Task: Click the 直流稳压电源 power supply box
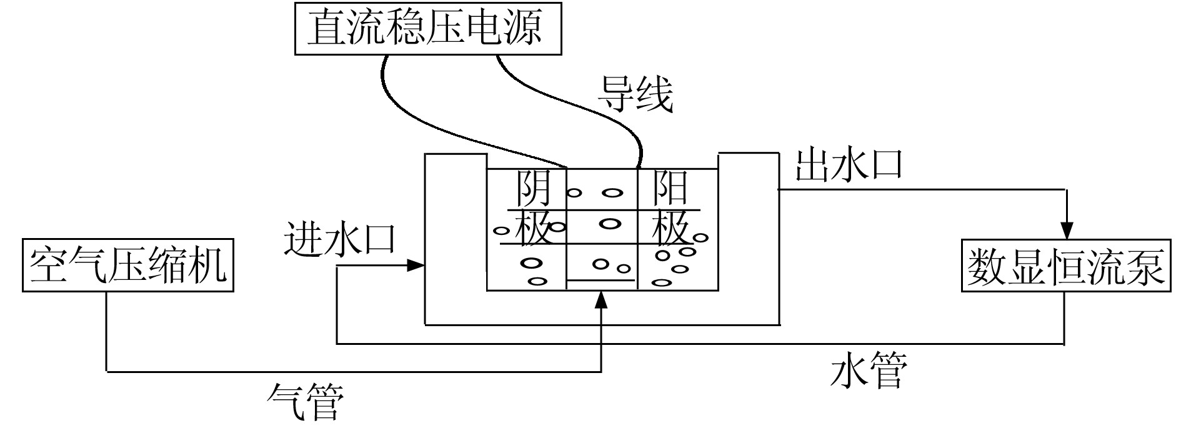point(428,28)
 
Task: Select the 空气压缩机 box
point(127,265)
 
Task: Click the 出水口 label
point(849,164)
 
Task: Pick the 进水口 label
point(341,238)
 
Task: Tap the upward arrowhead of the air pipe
point(601,301)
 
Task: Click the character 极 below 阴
point(535,228)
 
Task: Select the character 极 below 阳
point(671,228)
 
